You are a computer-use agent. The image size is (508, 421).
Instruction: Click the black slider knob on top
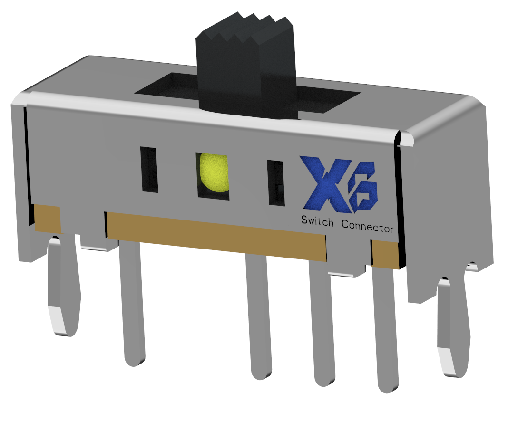point(245,67)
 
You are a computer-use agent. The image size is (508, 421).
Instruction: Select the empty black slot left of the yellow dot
point(149,170)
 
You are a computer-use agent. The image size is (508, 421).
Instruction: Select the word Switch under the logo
point(317,221)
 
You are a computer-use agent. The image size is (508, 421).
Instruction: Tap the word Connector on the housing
point(367,227)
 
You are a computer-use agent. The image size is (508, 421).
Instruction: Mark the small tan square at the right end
point(385,254)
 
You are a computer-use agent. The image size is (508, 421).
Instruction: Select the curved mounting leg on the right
point(452,328)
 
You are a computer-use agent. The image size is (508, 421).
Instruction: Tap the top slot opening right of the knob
point(328,100)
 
